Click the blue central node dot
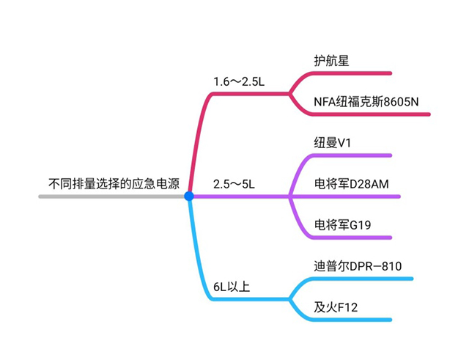(x=189, y=196)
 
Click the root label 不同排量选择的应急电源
(x=114, y=183)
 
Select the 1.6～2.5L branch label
(x=238, y=80)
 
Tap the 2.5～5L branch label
(x=233, y=183)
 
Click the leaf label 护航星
(x=330, y=60)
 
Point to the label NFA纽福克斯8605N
(x=366, y=101)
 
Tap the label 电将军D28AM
(x=350, y=183)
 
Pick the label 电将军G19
(x=341, y=224)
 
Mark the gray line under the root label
(x=110, y=196)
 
